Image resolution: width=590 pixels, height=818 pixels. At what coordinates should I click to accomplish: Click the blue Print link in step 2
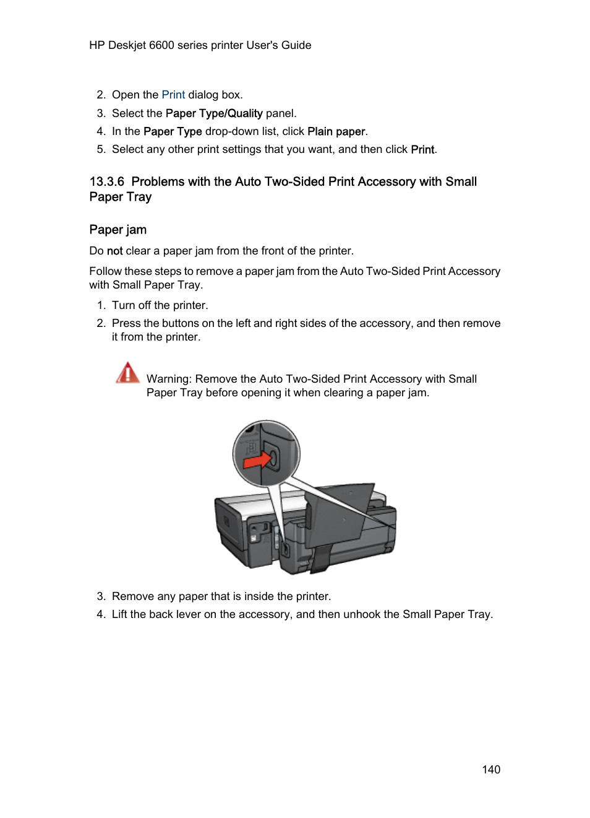coord(173,95)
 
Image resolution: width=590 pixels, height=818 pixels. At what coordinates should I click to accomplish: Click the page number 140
coord(490,769)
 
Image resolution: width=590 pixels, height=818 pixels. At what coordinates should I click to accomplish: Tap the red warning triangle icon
coord(127,373)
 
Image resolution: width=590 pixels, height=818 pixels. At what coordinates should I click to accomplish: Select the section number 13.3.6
coord(106,182)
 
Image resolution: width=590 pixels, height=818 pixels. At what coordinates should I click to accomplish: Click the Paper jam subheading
coord(118,230)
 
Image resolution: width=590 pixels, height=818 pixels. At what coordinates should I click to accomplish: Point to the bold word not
coord(114,251)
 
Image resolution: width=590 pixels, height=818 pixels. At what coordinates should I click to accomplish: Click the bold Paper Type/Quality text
coord(213,113)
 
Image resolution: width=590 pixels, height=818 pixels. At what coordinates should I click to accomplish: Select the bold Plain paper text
coord(336,131)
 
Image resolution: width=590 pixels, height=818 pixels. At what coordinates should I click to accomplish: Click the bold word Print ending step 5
coord(422,149)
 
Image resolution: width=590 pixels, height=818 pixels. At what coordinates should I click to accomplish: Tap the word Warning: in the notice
coord(169,379)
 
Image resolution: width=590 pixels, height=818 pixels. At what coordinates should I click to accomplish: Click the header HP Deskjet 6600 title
coord(200,45)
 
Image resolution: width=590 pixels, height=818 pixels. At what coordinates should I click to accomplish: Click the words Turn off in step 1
coord(131,305)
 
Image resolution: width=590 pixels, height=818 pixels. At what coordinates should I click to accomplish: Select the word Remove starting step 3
coord(132,596)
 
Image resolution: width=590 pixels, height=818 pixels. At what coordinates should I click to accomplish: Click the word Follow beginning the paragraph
coord(105,271)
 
